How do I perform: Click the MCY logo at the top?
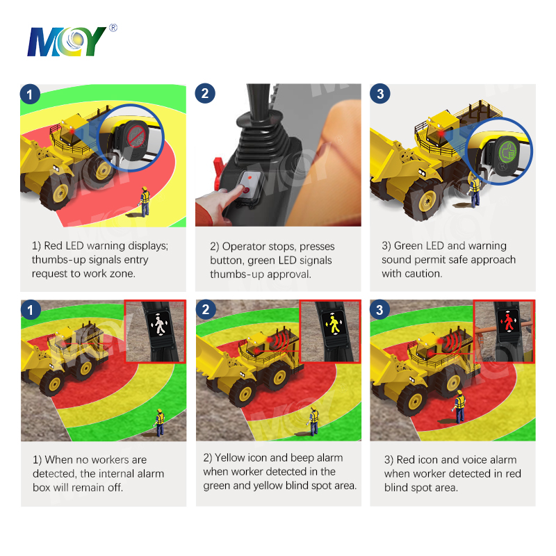pos(67,42)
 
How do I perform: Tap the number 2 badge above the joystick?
pos(205,93)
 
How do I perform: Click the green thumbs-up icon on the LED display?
pos(507,152)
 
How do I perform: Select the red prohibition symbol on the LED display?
pos(136,137)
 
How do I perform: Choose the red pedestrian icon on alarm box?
pos(509,322)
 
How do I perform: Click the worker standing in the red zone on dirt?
pos(459,407)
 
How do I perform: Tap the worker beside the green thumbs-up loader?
pos(474,192)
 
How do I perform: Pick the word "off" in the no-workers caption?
pos(115,488)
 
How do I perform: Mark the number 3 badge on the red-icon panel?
pos(379,310)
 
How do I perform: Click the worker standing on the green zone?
pos(160,423)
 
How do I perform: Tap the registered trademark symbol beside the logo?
pos(113,27)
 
